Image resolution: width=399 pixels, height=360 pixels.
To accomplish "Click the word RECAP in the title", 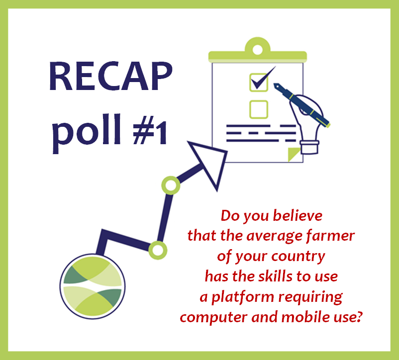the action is tap(110, 76).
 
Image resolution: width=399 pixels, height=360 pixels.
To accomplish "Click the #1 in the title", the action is tap(150, 130).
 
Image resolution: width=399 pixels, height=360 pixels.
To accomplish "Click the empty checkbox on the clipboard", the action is tap(259, 109).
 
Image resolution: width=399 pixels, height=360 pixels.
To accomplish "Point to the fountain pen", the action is tap(302, 105).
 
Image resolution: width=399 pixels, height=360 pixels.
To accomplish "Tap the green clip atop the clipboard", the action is tap(258, 50).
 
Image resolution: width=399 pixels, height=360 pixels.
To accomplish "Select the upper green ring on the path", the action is tap(171, 185).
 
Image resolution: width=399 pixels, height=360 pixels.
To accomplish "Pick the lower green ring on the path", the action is tap(158, 251).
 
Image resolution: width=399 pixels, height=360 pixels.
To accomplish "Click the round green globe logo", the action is tap(93, 286).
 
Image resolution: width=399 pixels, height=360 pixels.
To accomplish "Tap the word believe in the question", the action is tap(298, 216).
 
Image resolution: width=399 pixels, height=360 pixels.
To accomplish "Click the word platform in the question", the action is tap(243, 297).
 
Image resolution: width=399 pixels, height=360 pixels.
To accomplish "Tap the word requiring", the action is tap(310, 297).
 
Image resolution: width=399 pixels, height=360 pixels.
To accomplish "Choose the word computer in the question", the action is tap(213, 318).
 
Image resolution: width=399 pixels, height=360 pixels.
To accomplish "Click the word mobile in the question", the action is tap(305, 317).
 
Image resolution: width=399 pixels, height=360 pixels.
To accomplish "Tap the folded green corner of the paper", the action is tap(293, 153).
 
